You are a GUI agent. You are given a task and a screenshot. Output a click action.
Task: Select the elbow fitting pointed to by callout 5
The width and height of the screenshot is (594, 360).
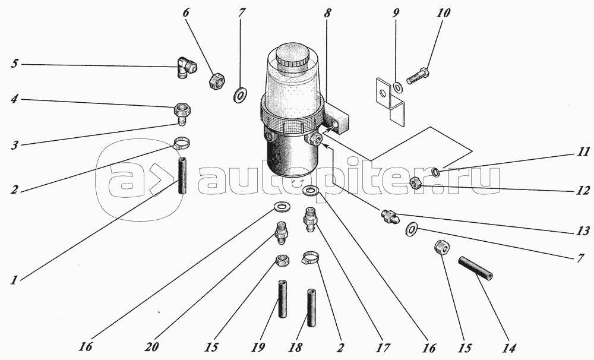click(x=186, y=67)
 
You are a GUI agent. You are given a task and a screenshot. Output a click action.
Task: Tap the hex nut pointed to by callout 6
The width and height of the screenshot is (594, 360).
click(x=217, y=80)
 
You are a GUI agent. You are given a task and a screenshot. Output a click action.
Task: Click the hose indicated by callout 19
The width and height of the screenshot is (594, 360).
click(x=282, y=299)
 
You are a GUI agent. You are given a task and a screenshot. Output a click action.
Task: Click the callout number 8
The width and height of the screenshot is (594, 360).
click(x=327, y=14)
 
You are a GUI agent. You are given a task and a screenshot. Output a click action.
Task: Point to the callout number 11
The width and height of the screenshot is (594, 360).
click(x=584, y=152)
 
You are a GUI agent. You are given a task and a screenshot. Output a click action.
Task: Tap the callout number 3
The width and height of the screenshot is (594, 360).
click(x=14, y=145)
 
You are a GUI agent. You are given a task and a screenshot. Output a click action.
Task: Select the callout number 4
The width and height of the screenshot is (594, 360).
click(x=14, y=100)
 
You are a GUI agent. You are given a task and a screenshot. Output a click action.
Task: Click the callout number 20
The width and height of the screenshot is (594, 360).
click(x=152, y=347)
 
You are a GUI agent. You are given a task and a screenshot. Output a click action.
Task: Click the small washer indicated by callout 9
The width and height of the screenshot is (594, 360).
click(x=398, y=87)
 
